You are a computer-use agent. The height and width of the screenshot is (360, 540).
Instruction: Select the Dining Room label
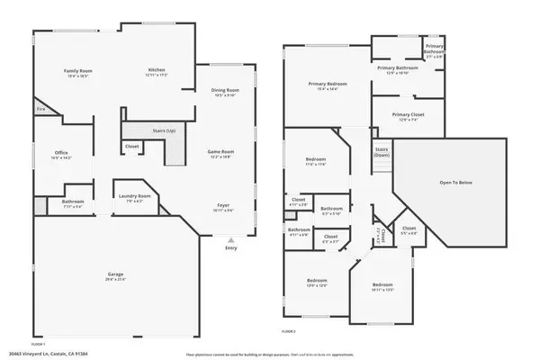225,91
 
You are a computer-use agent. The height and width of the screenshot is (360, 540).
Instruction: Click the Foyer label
223,205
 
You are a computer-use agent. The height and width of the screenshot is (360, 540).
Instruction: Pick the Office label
61,153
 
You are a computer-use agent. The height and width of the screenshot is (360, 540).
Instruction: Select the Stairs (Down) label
382,151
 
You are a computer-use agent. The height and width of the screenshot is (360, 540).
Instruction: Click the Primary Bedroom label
328,84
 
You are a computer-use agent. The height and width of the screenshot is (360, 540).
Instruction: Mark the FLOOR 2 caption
289,332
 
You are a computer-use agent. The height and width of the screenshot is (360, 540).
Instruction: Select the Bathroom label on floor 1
73,202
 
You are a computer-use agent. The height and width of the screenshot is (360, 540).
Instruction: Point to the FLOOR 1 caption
38,344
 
